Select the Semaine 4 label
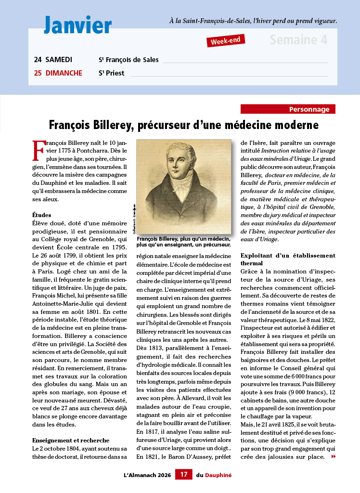(298, 39)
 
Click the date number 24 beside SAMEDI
(38, 60)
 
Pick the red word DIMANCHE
(64, 73)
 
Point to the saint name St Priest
(111, 73)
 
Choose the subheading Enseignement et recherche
(71, 440)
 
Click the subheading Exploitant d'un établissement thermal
(287, 259)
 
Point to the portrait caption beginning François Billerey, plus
(183, 241)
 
